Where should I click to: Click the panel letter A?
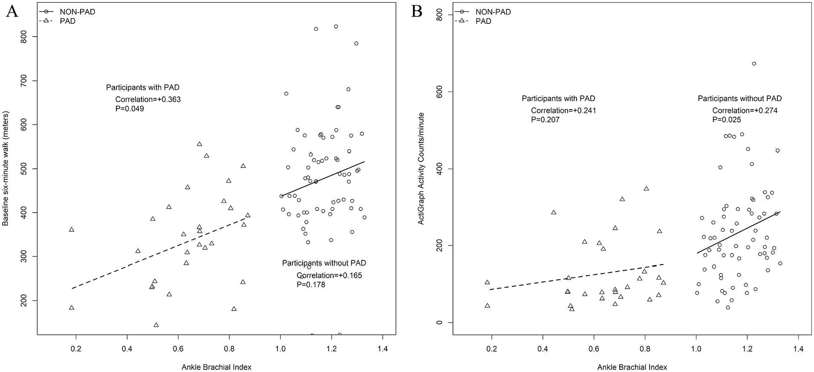pyautogui.click(x=12, y=12)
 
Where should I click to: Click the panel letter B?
pyautogui.click(x=417, y=12)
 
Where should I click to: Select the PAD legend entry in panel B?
pyautogui.click(x=473, y=21)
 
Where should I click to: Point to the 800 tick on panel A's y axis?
pyautogui.click(x=29, y=37)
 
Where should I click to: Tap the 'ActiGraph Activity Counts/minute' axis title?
pyautogui.click(x=421, y=169)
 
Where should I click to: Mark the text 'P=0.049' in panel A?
pyautogui.click(x=127, y=109)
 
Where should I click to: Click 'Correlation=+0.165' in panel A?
pyautogui.click(x=329, y=275)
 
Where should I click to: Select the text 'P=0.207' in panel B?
pyautogui.click(x=545, y=120)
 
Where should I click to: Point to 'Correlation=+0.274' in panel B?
pyautogui.click(x=745, y=110)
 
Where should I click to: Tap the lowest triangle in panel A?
pyautogui.click(x=156, y=325)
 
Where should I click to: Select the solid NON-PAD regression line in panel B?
pyautogui.click(x=739, y=232)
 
